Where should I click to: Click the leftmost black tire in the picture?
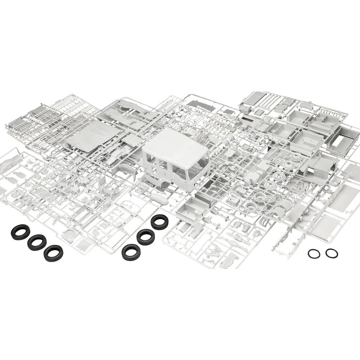(x=20, y=232)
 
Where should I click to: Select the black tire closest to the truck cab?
(x=159, y=222)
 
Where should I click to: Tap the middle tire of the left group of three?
(x=37, y=242)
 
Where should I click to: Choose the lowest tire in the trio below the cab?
(x=131, y=252)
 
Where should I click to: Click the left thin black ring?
(x=314, y=254)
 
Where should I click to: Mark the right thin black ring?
(x=332, y=253)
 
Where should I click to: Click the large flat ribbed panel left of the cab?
(x=93, y=135)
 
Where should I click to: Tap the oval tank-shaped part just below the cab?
(x=158, y=197)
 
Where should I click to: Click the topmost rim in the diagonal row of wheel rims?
(x=297, y=157)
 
